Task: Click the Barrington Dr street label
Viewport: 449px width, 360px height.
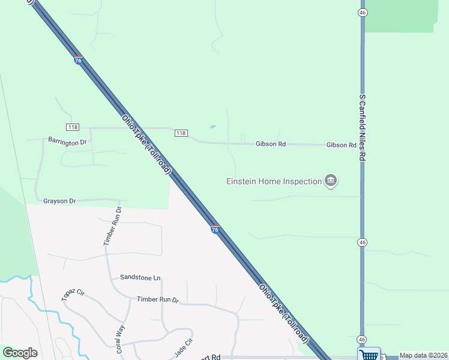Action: pos(67,142)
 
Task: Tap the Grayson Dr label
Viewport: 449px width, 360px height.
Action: pos(59,201)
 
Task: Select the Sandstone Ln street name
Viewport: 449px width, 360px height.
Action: pos(140,277)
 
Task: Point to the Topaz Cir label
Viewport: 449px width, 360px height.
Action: pos(73,295)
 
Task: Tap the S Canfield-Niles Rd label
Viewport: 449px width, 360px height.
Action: pos(362,126)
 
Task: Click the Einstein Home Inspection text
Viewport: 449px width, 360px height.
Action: pos(274,181)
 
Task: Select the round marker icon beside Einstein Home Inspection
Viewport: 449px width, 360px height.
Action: pos(330,181)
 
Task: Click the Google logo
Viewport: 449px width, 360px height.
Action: pos(20,353)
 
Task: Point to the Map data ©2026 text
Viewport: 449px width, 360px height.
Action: pos(423,355)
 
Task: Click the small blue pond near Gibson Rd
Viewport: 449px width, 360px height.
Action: pos(213,127)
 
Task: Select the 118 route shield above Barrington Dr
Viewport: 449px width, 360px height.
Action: pos(73,127)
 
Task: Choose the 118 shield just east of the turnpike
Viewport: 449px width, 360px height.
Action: pos(181,133)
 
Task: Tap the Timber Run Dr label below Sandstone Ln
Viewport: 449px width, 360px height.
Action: pos(158,299)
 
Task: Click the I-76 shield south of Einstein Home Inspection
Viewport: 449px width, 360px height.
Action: pos(215,229)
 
